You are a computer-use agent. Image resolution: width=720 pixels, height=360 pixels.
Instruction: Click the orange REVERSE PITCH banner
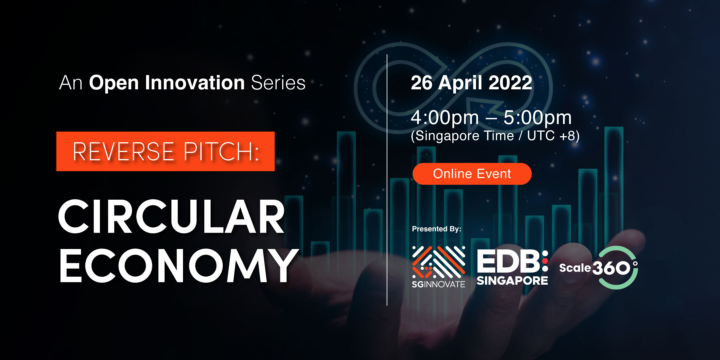165,151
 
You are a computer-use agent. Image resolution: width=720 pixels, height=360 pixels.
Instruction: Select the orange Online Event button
472,174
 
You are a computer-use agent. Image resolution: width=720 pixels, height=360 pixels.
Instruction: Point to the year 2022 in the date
510,83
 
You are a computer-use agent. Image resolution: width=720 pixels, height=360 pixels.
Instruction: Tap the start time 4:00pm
445,117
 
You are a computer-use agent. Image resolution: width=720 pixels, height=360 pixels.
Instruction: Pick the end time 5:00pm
537,117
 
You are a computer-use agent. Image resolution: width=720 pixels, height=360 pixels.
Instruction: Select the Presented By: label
437,229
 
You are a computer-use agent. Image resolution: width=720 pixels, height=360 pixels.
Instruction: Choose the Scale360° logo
599,268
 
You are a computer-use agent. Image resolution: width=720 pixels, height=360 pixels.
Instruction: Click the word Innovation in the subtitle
195,83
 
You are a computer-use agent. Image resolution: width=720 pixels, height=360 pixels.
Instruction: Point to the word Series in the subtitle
278,83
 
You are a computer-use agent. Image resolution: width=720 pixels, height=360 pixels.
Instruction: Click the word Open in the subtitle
114,83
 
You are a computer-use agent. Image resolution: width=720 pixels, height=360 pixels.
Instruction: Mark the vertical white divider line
387,180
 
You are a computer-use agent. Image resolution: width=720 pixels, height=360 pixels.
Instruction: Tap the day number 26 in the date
421,83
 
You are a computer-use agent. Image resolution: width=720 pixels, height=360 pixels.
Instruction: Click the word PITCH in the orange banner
221,152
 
